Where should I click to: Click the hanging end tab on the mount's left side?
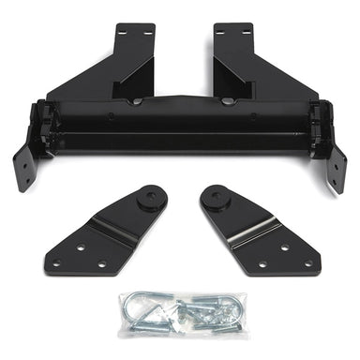click(25, 165)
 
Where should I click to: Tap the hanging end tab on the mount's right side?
click(336, 167)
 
